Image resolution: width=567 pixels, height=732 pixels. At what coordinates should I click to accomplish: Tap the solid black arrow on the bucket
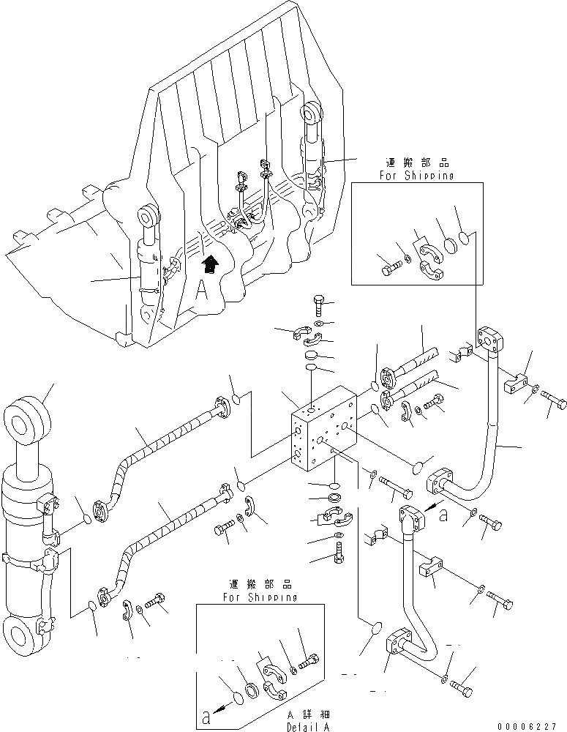[x=210, y=263]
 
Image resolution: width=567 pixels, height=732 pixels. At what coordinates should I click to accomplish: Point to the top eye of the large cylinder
[x=27, y=421]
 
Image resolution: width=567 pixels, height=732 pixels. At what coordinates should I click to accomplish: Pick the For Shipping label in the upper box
[x=417, y=176]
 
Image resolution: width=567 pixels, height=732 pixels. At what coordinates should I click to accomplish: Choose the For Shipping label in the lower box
[x=260, y=597]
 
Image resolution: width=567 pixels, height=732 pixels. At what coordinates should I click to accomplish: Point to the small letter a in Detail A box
[x=208, y=717]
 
